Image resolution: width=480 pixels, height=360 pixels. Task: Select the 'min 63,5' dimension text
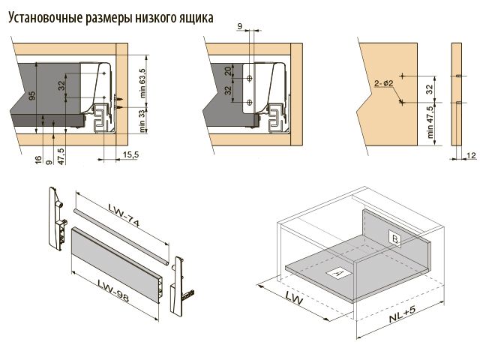142,82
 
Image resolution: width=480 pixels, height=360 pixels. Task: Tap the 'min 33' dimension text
142,122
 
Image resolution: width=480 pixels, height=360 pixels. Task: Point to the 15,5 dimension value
129,155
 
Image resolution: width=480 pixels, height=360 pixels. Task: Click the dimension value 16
37,160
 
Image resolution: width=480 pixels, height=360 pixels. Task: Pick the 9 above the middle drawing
241,26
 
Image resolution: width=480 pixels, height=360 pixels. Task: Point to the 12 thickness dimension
471,155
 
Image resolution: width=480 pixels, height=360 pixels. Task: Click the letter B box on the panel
394,238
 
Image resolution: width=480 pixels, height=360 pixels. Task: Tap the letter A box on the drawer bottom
337,273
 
